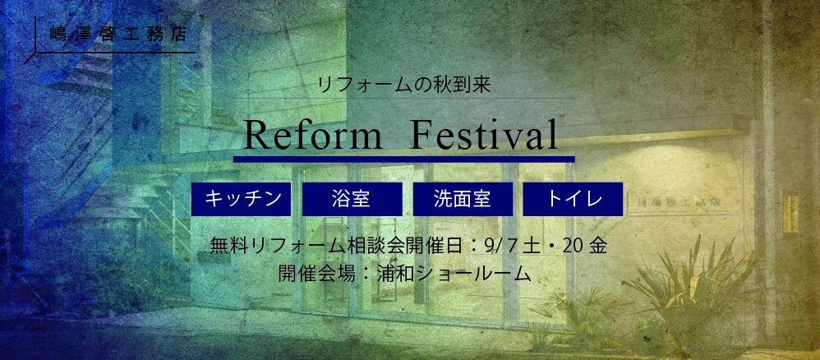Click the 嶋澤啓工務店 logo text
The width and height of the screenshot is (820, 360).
[x=118, y=35]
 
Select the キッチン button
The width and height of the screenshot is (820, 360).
[x=241, y=199]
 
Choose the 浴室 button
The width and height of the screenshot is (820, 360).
[x=352, y=199]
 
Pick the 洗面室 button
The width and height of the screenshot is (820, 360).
[x=463, y=199]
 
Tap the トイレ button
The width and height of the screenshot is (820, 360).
[x=574, y=199]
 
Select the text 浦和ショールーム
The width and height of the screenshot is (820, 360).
[x=454, y=274]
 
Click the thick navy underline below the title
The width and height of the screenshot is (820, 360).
[x=403, y=159]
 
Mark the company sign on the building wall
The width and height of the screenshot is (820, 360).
[x=673, y=201]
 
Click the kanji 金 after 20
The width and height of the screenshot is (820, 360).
[x=597, y=246]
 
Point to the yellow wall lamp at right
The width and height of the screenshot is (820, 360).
[x=790, y=214]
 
